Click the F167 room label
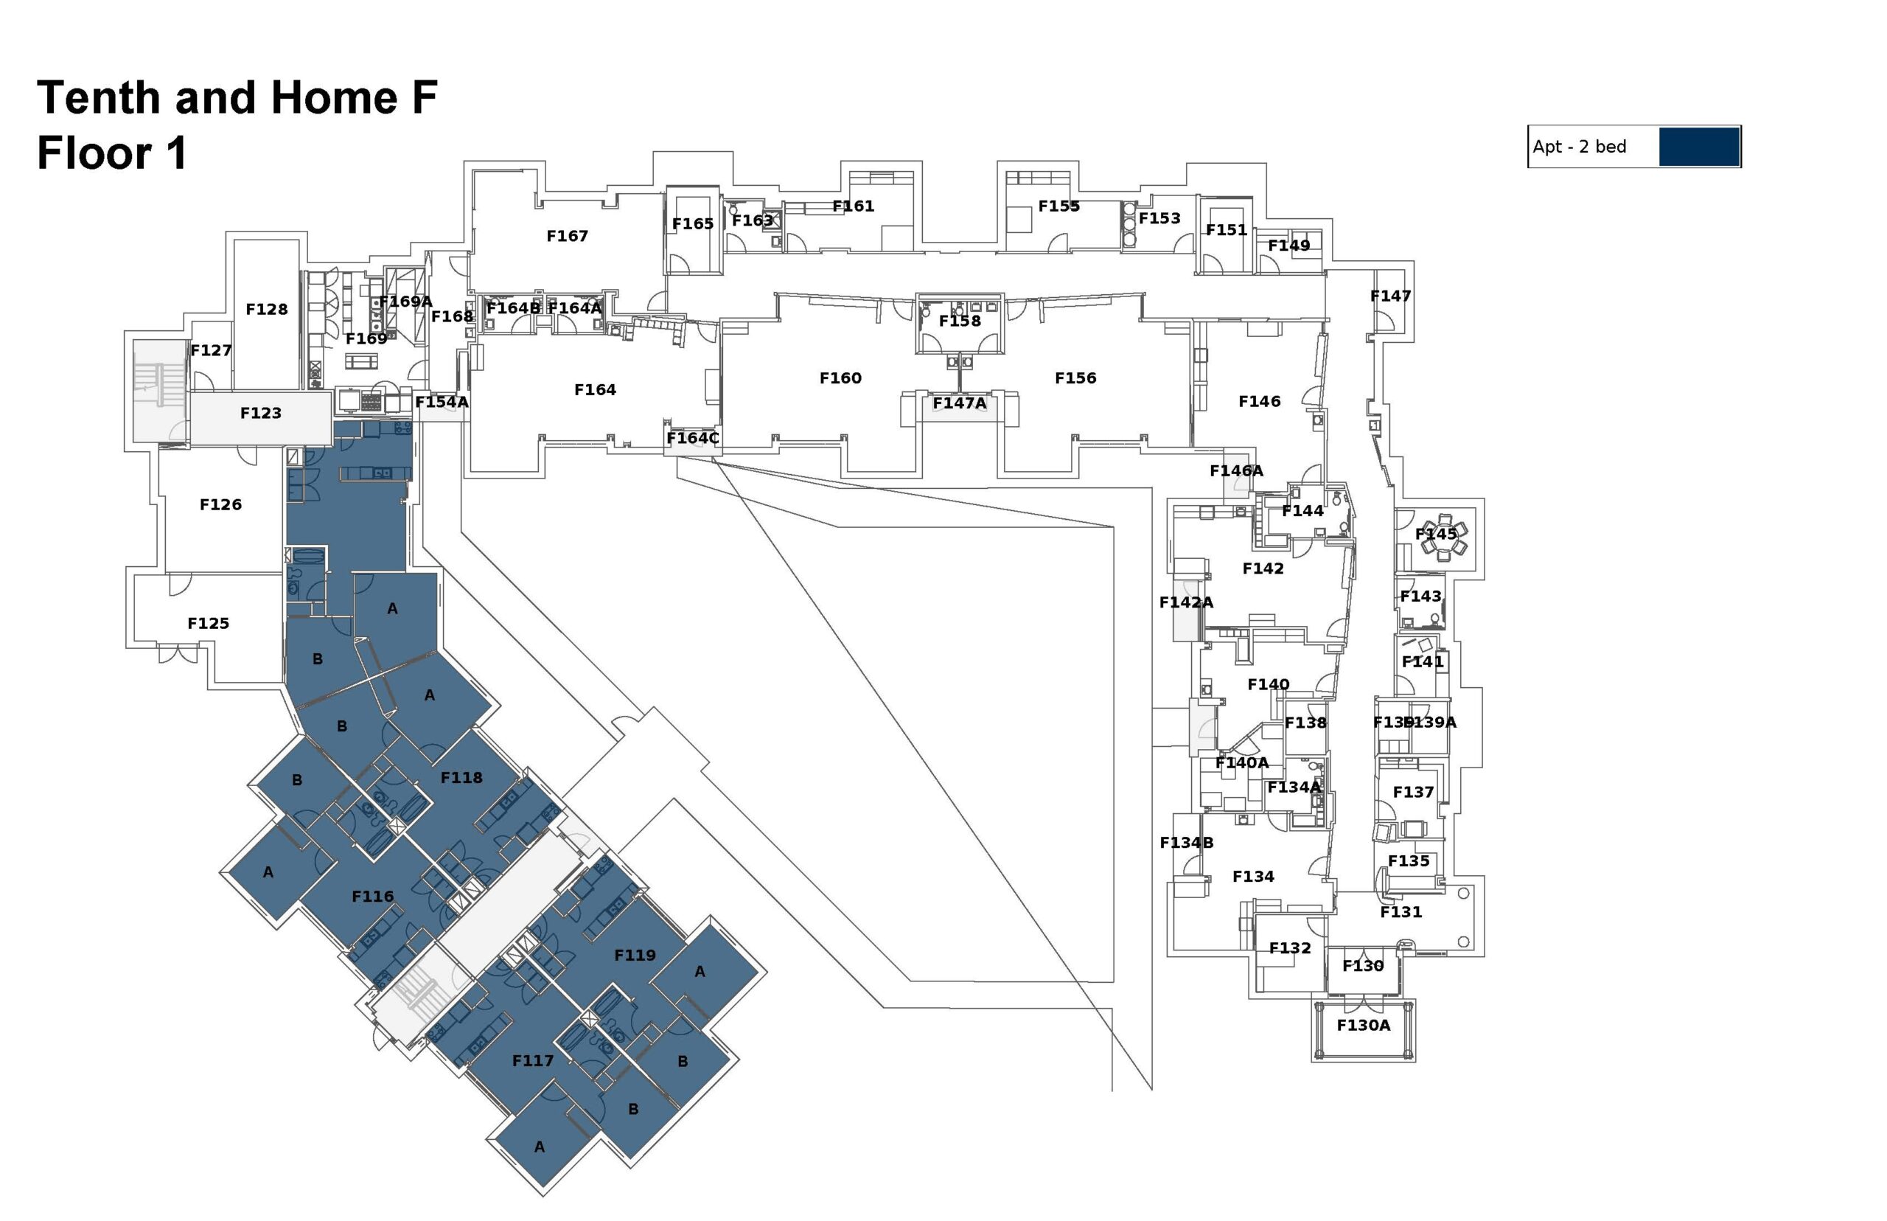567,235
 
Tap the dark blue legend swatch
1698,147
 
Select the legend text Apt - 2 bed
1579,147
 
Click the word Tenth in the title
97,97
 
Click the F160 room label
840,378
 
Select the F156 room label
1075,378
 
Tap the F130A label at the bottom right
1363,1025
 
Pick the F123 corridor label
261,413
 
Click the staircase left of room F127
157,389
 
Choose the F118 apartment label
461,778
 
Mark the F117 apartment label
533,1061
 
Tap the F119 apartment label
635,956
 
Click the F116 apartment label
372,897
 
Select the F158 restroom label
960,321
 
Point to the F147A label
959,403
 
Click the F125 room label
209,624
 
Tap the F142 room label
1263,568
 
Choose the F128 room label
266,309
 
